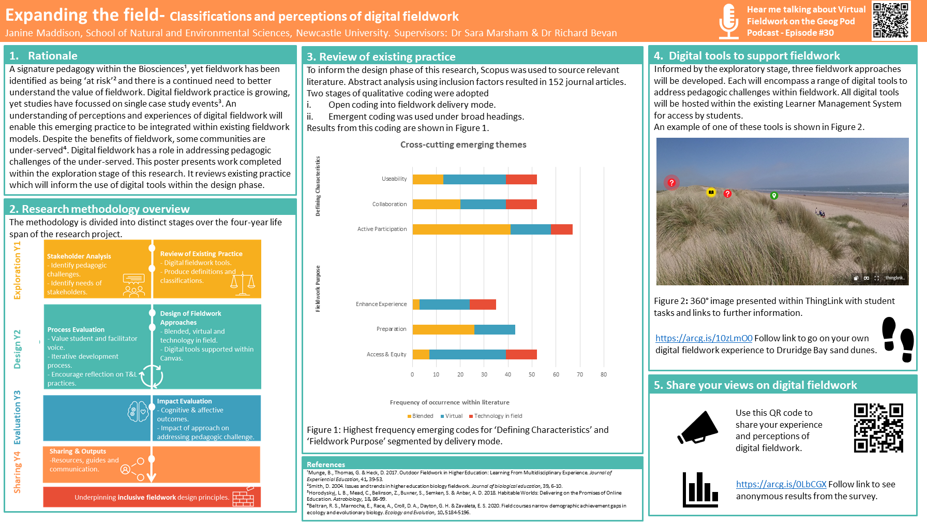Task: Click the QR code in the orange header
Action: (891, 20)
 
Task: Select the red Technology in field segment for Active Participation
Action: (562, 229)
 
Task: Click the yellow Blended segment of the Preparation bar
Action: (443, 329)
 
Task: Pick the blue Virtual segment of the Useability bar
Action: (474, 179)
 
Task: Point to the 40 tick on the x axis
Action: (508, 374)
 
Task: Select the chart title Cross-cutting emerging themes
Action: (463, 145)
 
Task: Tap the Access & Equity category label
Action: (386, 354)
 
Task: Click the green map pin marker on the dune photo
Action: (774, 196)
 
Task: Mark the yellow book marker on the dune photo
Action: (711, 193)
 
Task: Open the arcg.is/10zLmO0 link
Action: (704, 338)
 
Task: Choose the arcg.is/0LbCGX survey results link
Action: (781, 484)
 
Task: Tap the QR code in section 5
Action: (878, 428)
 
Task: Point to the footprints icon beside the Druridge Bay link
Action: (898, 339)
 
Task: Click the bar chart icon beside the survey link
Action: (700, 489)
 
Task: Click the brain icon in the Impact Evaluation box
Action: (138, 412)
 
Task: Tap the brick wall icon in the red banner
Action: (243, 497)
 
